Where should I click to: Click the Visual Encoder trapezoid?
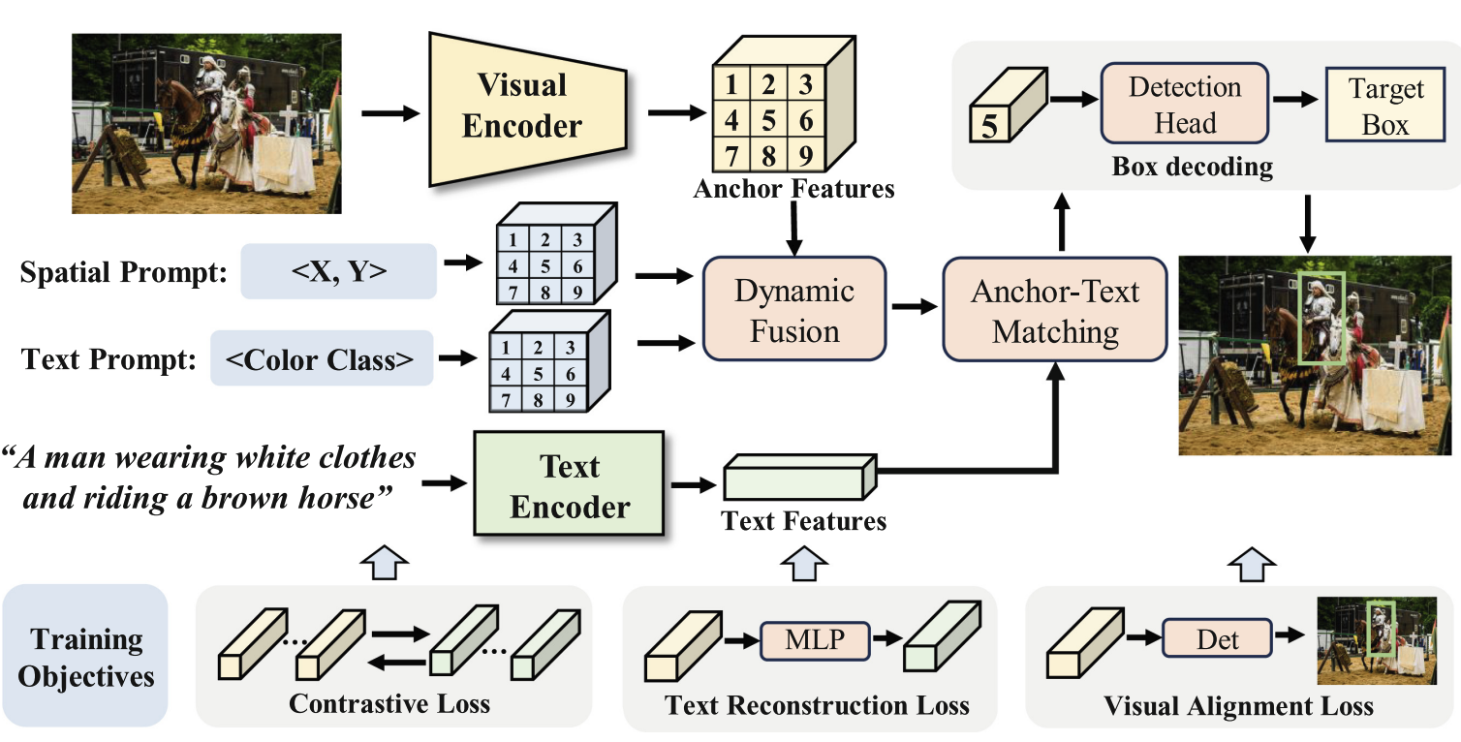click(528, 108)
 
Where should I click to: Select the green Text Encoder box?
click(569, 483)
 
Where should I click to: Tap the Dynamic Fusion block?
click(793, 309)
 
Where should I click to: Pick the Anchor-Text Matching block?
click(1055, 310)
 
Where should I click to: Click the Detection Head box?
click(1185, 103)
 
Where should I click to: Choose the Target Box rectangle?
click(1385, 105)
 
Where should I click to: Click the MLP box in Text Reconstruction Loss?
click(815, 640)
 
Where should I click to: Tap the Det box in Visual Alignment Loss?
click(1217, 639)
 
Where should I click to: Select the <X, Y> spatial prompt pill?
click(338, 271)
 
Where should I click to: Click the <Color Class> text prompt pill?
click(322, 358)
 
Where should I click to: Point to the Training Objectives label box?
click(85, 655)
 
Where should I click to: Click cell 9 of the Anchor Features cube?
click(806, 155)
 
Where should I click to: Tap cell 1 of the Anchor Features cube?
click(731, 84)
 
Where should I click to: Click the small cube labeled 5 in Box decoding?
click(1009, 105)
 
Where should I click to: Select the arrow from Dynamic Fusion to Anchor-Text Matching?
click(915, 306)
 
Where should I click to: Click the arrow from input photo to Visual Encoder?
click(390, 113)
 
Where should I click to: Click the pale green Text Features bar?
click(800, 477)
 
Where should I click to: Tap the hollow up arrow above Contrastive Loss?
click(385, 563)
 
